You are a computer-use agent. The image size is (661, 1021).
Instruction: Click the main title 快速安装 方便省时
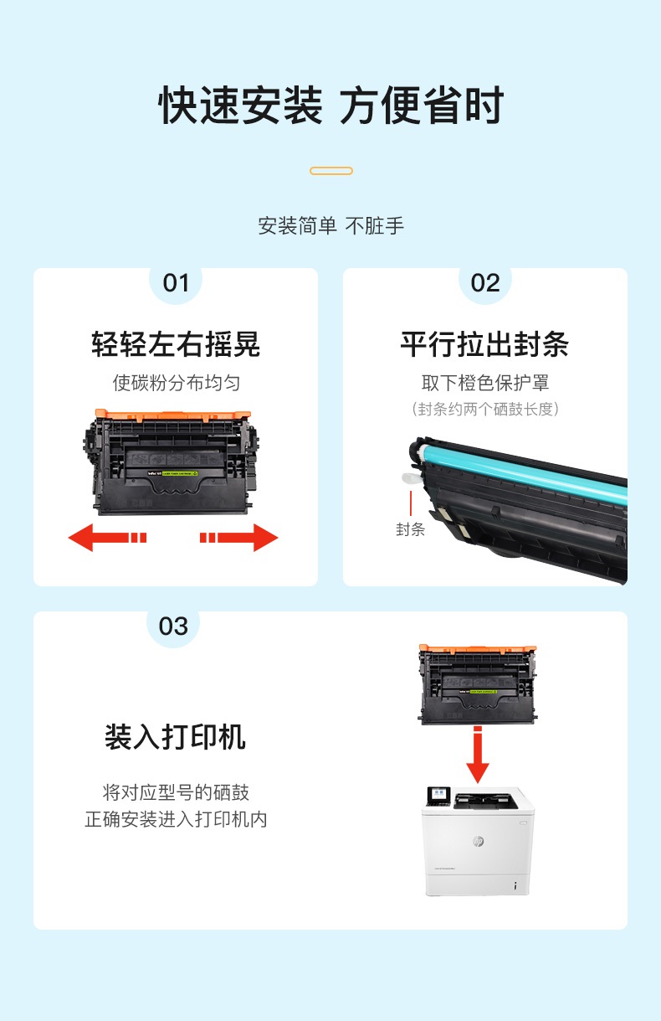pyautogui.click(x=331, y=105)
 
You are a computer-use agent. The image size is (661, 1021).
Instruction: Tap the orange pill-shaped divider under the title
pyautogui.click(x=331, y=171)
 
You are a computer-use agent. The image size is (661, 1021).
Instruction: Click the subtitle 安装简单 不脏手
pyautogui.click(x=331, y=225)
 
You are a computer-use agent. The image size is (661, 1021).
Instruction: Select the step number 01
pyautogui.click(x=176, y=283)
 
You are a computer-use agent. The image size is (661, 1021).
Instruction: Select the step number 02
pyautogui.click(x=485, y=283)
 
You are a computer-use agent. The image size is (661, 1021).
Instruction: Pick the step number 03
pyautogui.click(x=173, y=627)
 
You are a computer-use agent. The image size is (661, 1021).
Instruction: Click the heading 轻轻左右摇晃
pyautogui.click(x=176, y=344)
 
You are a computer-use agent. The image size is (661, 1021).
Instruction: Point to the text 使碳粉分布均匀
pyautogui.click(x=177, y=383)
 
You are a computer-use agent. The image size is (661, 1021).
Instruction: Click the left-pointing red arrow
pyautogui.click(x=107, y=538)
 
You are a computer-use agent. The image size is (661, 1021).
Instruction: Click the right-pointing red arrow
pyautogui.click(x=239, y=538)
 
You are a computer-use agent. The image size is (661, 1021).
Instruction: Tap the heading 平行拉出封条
pyautogui.click(x=484, y=344)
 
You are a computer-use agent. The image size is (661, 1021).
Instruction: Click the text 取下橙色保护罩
pyautogui.click(x=485, y=383)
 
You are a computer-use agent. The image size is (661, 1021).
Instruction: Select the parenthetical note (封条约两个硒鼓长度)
pyautogui.click(x=485, y=409)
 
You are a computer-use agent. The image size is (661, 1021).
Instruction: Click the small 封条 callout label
pyautogui.click(x=410, y=529)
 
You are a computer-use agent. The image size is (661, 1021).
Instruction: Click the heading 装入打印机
pyautogui.click(x=175, y=737)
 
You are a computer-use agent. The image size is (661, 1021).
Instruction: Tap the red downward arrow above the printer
pyautogui.click(x=478, y=755)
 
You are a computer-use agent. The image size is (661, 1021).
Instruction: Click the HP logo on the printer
pyautogui.click(x=478, y=842)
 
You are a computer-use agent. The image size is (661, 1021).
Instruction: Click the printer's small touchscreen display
pyautogui.click(x=438, y=795)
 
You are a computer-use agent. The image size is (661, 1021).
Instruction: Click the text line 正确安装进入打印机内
pyautogui.click(x=176, y=819)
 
